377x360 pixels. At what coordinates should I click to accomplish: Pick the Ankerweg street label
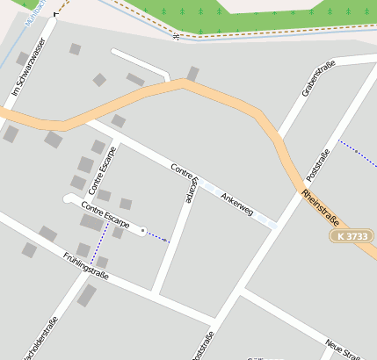[x=237, y=204]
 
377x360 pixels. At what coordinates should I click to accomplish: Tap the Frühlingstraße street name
[x=85, y=265]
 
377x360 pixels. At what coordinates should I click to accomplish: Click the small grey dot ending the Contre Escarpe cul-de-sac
[x=143, y=231]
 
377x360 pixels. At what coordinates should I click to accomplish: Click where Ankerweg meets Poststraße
[x=275, y=226]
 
